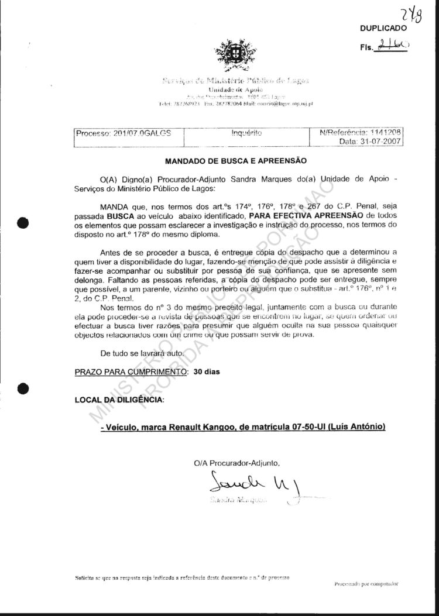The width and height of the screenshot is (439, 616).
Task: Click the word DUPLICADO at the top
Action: pyautogui.click(x=383, y=27)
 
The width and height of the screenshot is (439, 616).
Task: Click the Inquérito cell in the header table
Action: pyautogui.click(x=246, y=133)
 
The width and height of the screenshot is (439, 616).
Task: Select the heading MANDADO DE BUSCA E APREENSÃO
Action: pyautogui.click(x=235, y=160)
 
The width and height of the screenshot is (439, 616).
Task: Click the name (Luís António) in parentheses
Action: pyautogui.click(x=356, y=428)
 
